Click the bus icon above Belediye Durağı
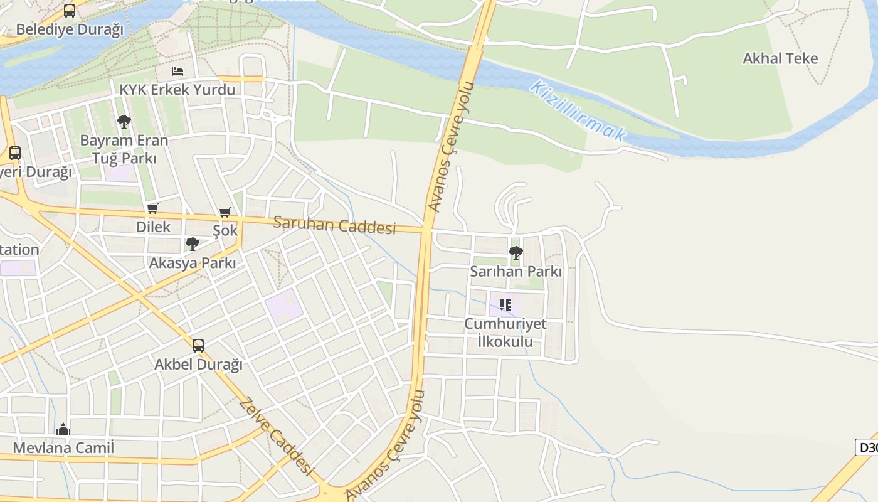70,11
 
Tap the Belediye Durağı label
70,29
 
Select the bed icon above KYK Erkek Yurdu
177,72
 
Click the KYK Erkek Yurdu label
177,90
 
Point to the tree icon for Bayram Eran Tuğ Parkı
124,121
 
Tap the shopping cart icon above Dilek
153,208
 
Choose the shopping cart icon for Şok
225,212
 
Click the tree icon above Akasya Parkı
193,244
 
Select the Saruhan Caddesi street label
335,225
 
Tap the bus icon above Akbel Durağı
198,346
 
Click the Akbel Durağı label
198,365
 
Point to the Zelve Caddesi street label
276,435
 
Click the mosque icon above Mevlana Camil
63,429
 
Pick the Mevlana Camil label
63,448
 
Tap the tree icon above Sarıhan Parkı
516,253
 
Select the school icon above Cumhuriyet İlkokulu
505,305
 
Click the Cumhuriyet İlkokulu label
505,333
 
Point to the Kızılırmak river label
578,110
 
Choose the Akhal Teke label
780,59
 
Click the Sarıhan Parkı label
516,272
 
